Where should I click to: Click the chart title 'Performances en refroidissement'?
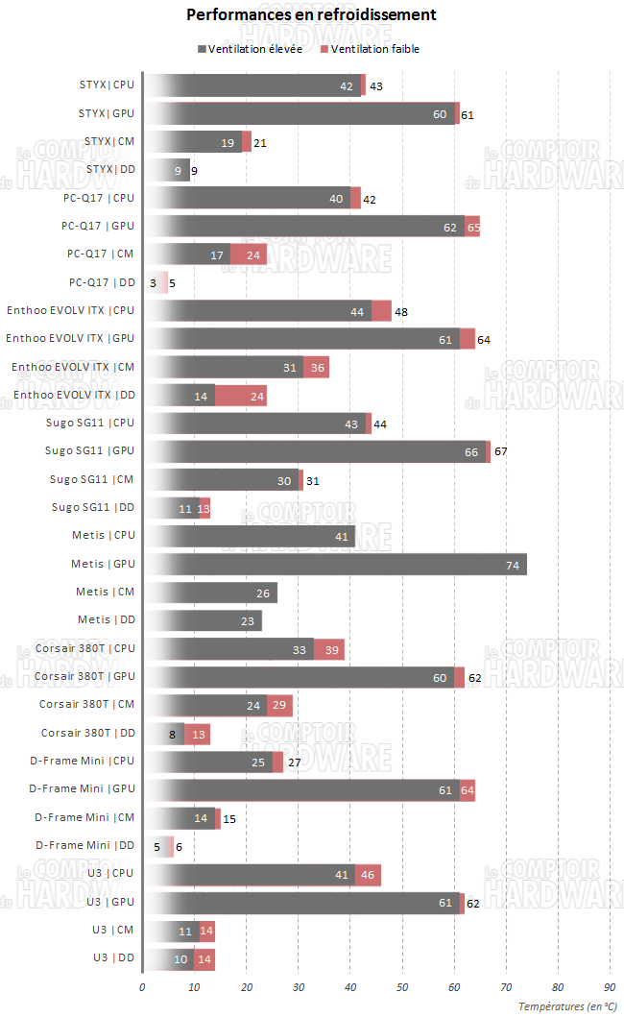[311, 15]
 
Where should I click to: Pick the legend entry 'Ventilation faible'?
[374, 49]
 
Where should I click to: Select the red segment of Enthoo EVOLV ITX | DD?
[241, 396]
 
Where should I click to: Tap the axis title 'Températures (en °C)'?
[567, 1006]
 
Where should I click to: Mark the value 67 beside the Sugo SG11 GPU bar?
[501, 452]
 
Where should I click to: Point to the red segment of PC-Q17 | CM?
[248, 254]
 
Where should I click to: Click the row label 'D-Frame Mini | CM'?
[84, 818]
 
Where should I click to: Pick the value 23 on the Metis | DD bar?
[248, 621]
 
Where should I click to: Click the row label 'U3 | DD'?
[113, 958]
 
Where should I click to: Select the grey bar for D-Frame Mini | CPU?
[207, 763]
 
